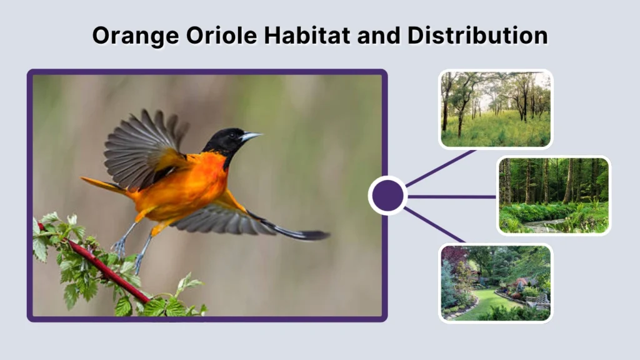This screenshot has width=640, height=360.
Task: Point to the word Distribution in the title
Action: [x=477, y=36]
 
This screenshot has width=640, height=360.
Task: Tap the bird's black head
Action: [x=226, y=141]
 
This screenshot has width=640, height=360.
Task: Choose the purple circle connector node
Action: [x=387, y=196]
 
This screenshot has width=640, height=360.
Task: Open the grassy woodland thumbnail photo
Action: [x=496, y=109]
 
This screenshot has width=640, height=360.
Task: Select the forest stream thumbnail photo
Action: [x=554, y=195]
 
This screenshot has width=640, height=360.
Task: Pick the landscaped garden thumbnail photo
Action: [x=496, y=282]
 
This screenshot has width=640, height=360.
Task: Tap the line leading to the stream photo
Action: [x=453, y=196]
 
